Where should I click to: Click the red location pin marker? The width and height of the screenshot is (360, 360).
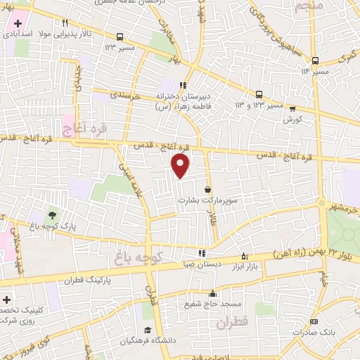[x=181, y=166]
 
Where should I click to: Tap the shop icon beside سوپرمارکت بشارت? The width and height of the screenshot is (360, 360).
[x=207, y=189]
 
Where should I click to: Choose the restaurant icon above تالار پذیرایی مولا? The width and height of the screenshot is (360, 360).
[x=65, y=22]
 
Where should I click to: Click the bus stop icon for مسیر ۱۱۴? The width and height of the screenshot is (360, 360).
[x=316, y=60]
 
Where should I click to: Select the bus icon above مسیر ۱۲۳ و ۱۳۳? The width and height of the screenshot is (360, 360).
[x=259, y=94]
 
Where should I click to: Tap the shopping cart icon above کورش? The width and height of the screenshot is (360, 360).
[x=292, y=108]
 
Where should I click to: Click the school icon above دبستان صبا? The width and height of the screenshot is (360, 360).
[x=202, y=253]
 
